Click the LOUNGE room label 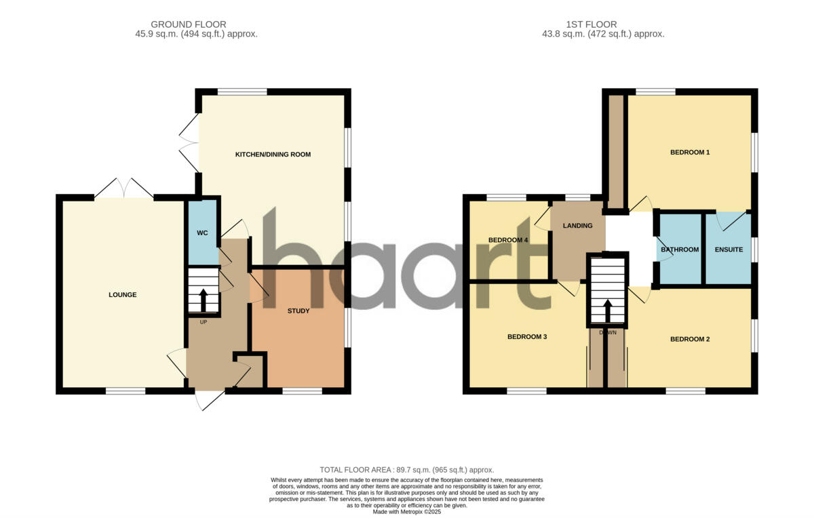tap(123, 295)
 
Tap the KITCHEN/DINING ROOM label tap(273, 155)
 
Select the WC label tap(202, 233)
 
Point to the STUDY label tap(298, 311)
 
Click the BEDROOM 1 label tap(690, 153)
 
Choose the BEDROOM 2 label tap(690, 339)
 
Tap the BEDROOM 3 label tap(527, 337)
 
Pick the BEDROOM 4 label tap(508, 240)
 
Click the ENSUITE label tap(729, 250)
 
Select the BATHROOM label tap(680, 250)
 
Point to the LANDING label tap(577, 226)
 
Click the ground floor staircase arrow tap(203, 298)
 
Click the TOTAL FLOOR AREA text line tap(407, 470)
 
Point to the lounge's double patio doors tap(123, 188)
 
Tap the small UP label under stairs tap(203, 322)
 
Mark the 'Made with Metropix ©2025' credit tap(407, 512)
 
